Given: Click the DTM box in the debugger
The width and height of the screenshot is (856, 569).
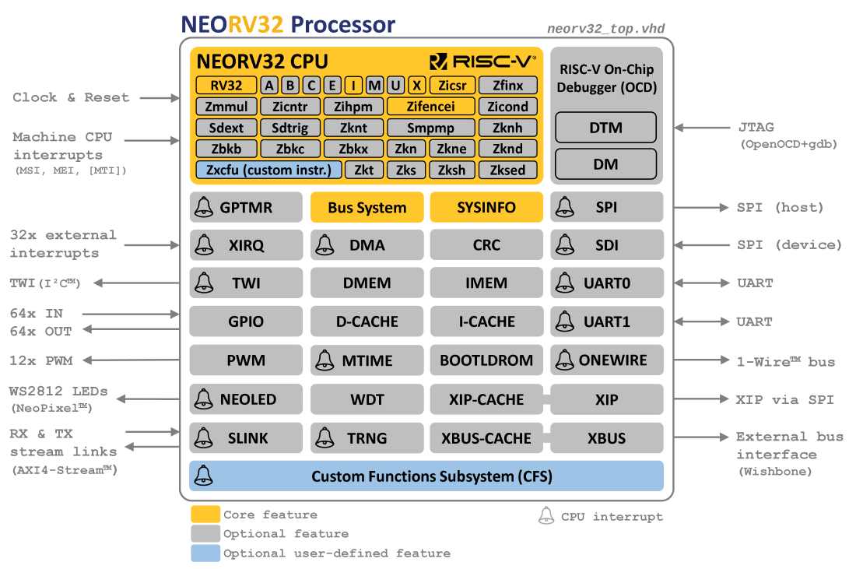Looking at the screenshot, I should pyautogui.click(x=605, y=128).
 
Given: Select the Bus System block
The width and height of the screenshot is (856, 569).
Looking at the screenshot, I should pyautogui.click(x=367, y=208).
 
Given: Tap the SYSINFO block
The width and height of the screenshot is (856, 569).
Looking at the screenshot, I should pyautogui.click(x=486, y=208).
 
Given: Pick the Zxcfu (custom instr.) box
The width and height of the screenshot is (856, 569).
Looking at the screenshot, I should pyautogui.click(x=268, y=170).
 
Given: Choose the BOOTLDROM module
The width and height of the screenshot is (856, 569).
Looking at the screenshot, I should pyautogui.click(x=486, y=360).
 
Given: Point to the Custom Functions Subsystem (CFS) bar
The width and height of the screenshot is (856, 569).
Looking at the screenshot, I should pyautogui.click(x=426, y=476).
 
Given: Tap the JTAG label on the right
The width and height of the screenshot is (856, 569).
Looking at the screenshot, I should pyautogui.click(x=755, y=127).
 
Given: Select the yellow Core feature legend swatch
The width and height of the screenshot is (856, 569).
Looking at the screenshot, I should pyautogui.click(x=205, y=515).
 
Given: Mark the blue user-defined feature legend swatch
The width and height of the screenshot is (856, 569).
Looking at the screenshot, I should pyautogui.click(x=205, y=553).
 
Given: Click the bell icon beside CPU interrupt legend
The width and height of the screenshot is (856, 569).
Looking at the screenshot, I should pyautogui.click(x=546, y=515).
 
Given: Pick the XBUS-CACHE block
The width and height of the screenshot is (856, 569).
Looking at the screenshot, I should pyautogui.click(x=486, y=438).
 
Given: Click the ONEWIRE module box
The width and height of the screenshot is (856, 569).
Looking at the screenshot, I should pyautogui.click(x=607, y=360).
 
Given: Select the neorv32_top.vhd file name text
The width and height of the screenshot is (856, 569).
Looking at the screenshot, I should pyautogui.click(x=605, y=30).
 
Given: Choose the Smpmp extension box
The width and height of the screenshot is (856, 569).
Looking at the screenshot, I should pyautogui.click(x=430, y=128).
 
